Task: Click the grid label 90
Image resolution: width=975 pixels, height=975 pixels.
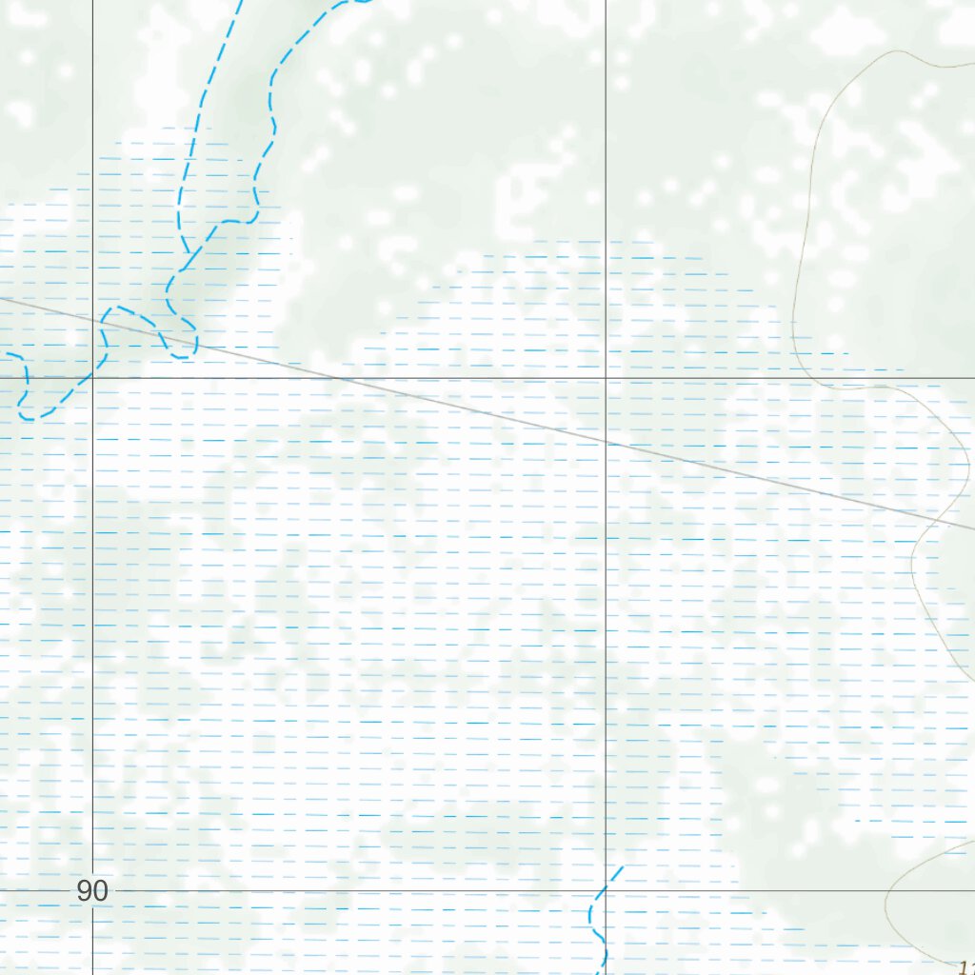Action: click(x=92, y=892)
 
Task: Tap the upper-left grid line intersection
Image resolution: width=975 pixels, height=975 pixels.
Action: click(x=92, y=378)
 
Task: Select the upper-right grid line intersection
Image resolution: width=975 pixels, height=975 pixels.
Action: click(x=607, y=378)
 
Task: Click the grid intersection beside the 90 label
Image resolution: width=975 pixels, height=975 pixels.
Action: click(x=92, y=891)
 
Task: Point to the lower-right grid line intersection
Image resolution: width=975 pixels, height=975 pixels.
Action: click(x=607, y=891)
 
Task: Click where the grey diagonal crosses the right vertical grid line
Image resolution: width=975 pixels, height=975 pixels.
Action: click(x=607, y=443)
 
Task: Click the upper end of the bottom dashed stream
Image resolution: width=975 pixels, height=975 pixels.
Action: click(x=622, y=867)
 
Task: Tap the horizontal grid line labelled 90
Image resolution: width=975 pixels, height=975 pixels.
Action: click(x=381, y=891)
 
